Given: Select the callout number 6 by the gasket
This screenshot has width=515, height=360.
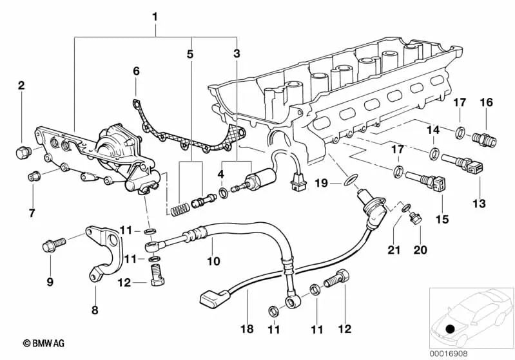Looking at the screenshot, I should [136, 70].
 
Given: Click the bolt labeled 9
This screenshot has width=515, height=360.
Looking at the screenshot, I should [52, 245].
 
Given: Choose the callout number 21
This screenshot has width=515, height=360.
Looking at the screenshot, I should [394, 249].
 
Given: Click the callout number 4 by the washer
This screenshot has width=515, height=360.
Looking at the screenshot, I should [220, 174].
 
